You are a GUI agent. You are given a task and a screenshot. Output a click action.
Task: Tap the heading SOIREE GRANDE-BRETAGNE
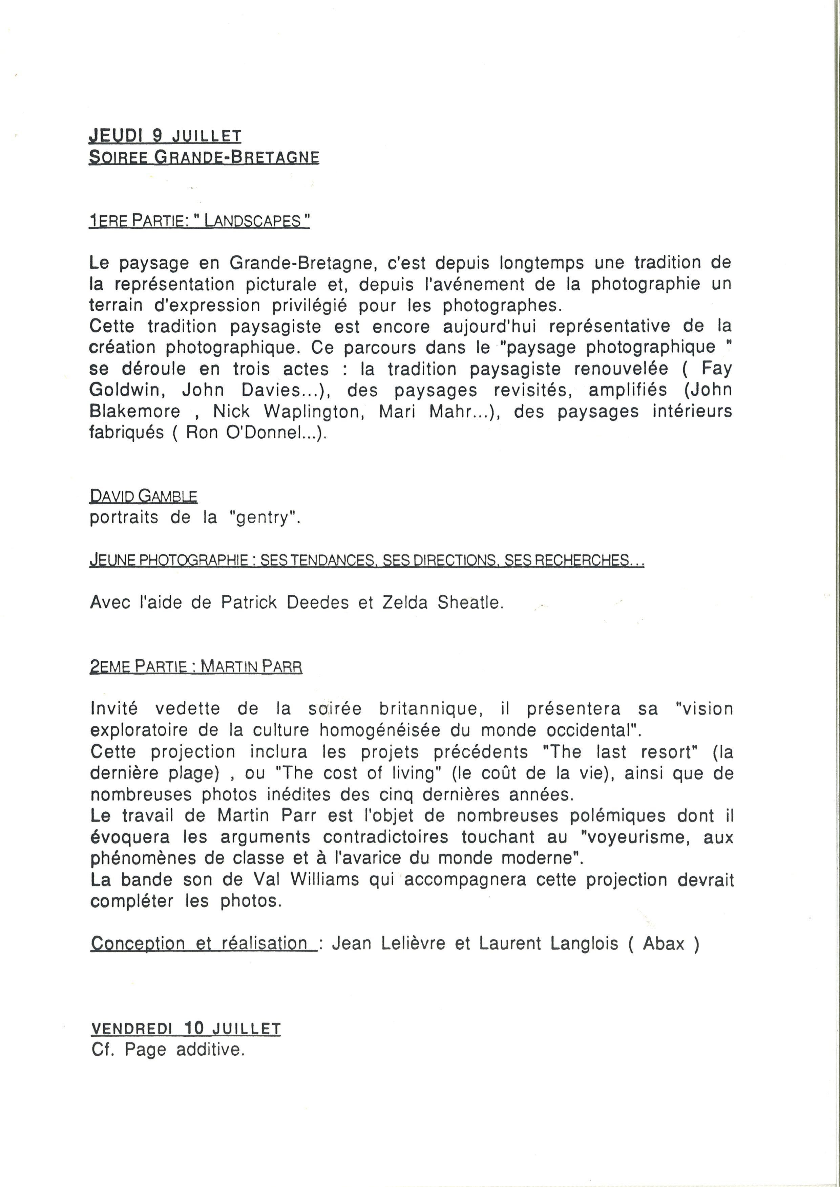[204, 157]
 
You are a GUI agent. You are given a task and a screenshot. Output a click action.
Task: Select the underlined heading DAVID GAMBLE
[143, 496]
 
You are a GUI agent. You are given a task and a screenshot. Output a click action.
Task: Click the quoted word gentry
[262, 518]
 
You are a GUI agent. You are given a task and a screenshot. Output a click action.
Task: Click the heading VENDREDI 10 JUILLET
[186, 1028]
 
